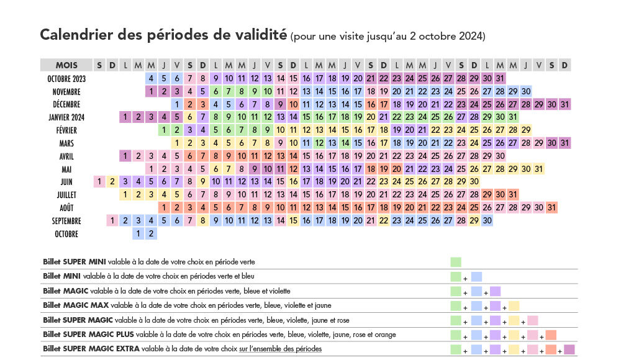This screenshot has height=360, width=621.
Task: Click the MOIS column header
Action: click(66, 65)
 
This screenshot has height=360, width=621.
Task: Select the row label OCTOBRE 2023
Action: click(66, 78)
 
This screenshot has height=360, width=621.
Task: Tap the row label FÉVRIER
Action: click(66, 130)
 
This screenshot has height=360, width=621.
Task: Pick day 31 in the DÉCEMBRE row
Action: click(564, 104)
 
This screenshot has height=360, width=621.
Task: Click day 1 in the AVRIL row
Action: click(125, 156)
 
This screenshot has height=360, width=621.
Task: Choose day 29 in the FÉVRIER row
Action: click(526, 130)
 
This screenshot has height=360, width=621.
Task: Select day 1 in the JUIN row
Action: click(99, 182)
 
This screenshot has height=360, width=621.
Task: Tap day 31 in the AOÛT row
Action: click(551, 207)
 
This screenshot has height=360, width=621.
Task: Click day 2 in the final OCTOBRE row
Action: click(151, 233)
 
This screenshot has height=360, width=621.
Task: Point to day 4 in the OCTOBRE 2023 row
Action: click(151, 78)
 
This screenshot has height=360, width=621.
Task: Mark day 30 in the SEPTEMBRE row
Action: click(487, 220)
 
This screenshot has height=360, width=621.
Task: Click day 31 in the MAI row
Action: click(538, 169)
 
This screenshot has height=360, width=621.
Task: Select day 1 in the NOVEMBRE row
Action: click(151, 91)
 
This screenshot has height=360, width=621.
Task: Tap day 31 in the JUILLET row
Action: click(513, 194)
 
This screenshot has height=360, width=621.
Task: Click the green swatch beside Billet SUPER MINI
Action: click(456, 262)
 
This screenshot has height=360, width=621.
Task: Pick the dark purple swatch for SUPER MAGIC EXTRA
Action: click(569, 349)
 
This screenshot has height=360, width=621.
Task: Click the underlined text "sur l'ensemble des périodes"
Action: click(281, 349)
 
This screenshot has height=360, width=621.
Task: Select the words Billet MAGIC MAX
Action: click(76, 305)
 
